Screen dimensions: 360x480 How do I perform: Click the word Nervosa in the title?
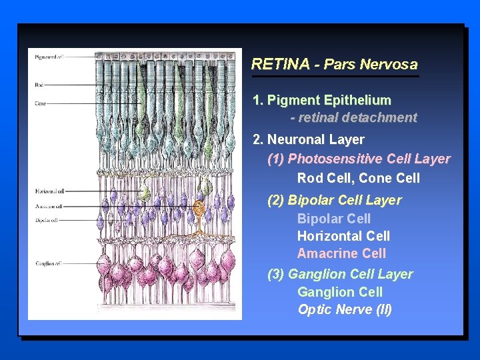coord(388,65)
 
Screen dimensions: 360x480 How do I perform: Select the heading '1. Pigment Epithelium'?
coord(322,101)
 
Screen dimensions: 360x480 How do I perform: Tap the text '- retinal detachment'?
coord(353,118)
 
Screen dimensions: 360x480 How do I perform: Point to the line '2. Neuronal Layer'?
coord(309,140)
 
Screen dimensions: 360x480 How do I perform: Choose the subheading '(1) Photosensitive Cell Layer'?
coord(359,159)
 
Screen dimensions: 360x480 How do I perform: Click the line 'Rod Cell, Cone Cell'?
coord(359,178)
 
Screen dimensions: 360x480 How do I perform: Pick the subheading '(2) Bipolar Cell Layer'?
coord(335,200)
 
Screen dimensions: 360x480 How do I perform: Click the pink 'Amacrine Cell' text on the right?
coord(341,253)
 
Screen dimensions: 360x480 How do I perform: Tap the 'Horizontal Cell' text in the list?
coord(343,236)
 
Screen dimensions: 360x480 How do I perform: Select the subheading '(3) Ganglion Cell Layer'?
coord(340,274)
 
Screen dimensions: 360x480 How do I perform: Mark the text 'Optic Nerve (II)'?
coord(345,309)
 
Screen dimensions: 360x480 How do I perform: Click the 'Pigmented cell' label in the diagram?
coord(49,57)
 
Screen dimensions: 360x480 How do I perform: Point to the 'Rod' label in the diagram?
coord(39,85)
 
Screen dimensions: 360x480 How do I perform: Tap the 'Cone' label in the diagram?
coord(41,103)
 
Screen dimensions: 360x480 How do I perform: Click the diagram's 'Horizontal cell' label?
coord(50,191)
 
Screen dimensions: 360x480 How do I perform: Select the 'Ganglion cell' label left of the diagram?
coord(48,264)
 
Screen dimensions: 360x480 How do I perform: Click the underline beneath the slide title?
coord(335,77)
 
